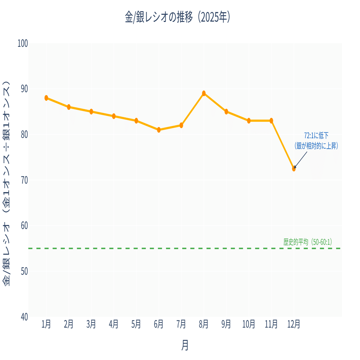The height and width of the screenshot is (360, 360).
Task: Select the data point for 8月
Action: [204, 93]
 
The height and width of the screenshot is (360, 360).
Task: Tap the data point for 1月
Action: [46, 98]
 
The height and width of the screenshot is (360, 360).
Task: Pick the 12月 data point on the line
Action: [294, 168]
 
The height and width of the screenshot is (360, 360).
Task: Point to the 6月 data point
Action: [159, 130]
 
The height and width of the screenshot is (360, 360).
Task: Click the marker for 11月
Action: [271, 121]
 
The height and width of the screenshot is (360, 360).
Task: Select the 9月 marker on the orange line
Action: [226, 112]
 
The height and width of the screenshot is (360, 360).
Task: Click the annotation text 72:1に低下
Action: [316, 136]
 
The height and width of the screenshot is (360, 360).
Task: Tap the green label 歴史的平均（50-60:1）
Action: [307, 242]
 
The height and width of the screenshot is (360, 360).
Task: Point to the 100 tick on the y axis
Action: [23, 43]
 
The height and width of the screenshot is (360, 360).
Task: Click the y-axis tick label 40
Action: [24, 317]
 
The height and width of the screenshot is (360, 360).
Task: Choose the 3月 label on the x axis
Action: [91, 324]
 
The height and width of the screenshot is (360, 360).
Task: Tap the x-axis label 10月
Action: [249, 324]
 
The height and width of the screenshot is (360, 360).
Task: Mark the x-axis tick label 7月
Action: [181, 324]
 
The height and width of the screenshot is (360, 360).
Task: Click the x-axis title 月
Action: [185, 346]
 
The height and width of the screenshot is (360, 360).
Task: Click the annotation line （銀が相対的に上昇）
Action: [316, 145]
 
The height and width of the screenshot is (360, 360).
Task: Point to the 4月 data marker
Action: [114, 116]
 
